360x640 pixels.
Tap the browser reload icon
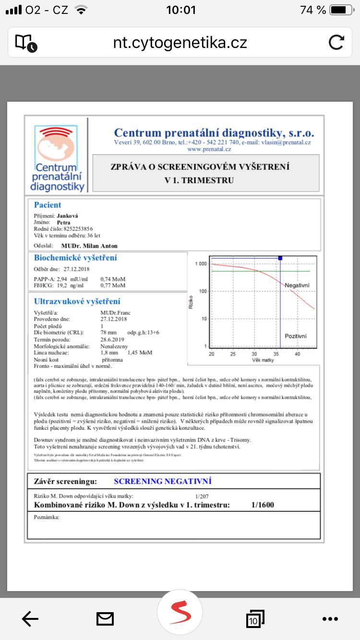pos(336,43)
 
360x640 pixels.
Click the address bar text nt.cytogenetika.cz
pos(180,43)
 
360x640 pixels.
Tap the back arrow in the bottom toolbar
pos(30,619)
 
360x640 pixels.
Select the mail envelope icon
pos(105,619)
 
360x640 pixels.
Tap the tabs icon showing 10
pos(254,619)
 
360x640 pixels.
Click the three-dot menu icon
pos(330,619)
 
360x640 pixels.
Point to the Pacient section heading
pos(48,205)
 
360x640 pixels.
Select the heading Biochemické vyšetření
pos(75,258)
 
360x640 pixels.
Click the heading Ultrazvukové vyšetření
pos(77,301)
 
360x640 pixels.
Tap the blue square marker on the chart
pos(280,258)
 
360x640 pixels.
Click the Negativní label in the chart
pos(297,285)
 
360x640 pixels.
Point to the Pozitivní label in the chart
pos(296,336)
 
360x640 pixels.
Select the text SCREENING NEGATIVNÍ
pos(163,481)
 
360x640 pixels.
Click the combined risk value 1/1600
pos(263,505)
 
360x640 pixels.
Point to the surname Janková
pos(67,216)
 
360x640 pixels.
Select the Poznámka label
pos(47,517)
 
